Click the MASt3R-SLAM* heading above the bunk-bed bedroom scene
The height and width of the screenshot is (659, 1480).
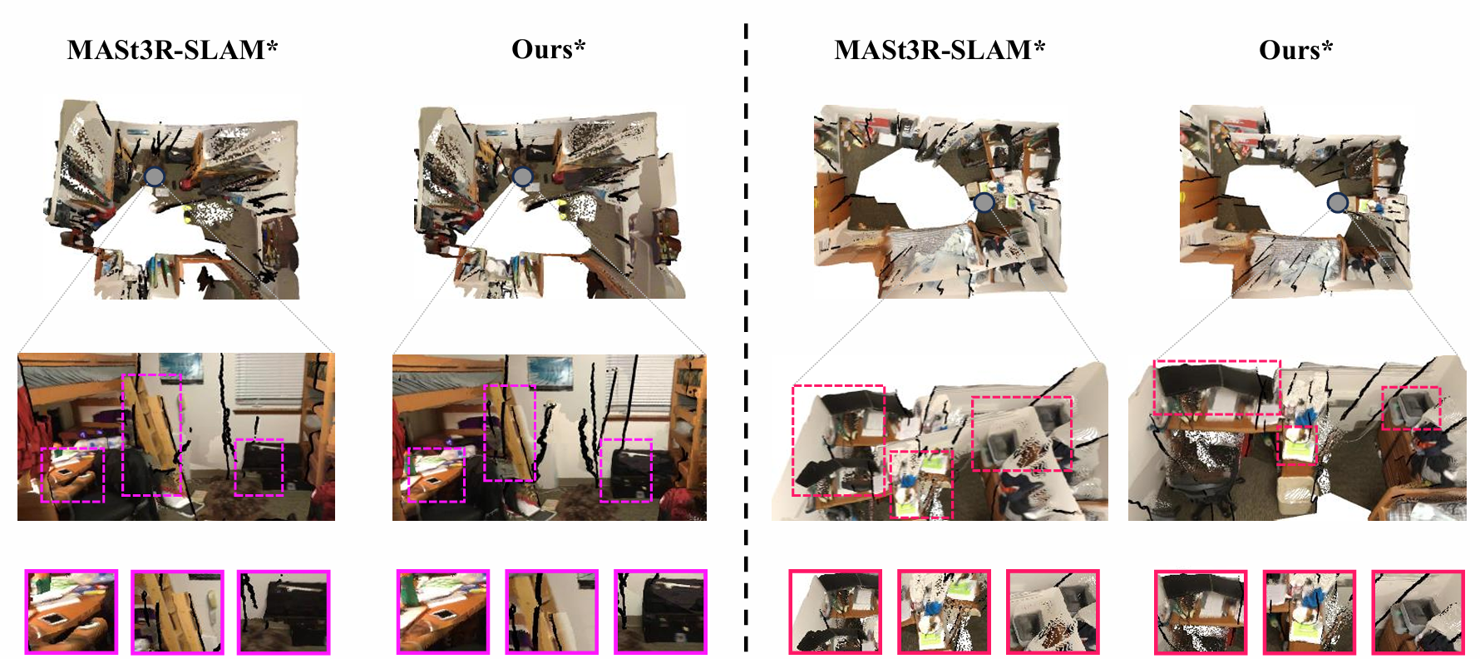click(x=172, y=50)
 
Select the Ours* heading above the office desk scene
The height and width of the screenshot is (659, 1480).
click(x=1295, y=50)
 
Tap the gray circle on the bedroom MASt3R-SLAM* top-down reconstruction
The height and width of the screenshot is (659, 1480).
click(x=154, y=176)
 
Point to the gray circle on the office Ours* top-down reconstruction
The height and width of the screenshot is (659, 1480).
click(x=1337, y=203)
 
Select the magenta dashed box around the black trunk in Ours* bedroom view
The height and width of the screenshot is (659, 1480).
click(x=601, y=471)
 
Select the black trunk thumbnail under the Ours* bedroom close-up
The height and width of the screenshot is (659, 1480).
click(x=660, y=612)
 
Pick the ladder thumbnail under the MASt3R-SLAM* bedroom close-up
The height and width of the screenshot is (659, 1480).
click(x=177, y=612)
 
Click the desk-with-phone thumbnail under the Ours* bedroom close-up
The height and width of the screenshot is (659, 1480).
click(x=443, y=612)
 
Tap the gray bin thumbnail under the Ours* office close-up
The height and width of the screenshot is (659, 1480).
click(x=1418, y=612)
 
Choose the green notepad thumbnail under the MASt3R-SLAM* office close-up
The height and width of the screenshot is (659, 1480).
click(x=944, y=612)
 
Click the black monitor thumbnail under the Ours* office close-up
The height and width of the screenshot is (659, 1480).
click(x=1201, y=612)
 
